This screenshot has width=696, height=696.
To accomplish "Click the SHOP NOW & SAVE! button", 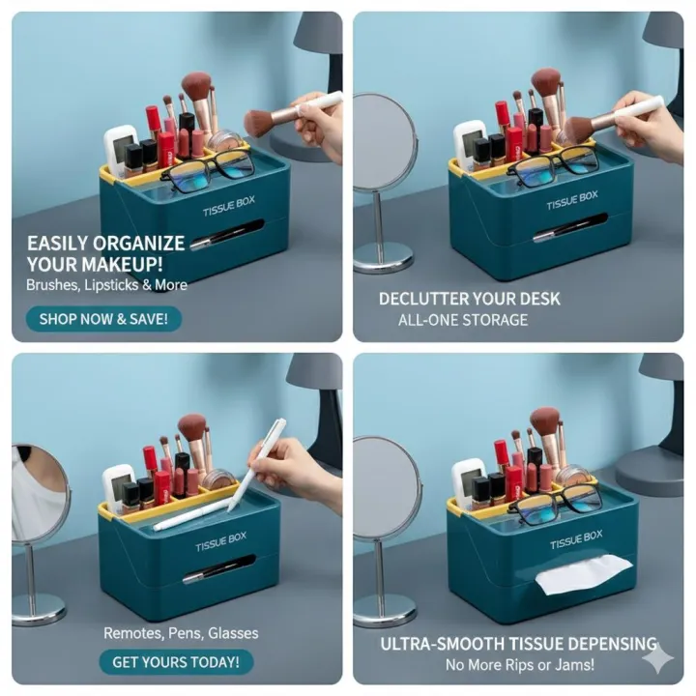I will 103,318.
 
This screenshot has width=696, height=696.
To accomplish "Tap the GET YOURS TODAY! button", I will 176,662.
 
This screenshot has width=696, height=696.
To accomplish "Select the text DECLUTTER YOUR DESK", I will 469,299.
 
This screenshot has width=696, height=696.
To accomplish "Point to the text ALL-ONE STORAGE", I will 463,320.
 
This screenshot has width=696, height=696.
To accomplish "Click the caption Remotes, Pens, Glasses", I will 181,633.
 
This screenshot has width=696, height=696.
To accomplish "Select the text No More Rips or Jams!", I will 519,664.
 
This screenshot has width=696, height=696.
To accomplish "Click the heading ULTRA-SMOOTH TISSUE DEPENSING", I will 518,644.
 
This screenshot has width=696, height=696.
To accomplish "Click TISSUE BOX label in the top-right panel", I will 571,200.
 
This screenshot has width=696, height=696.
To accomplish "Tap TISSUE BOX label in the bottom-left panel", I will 220,541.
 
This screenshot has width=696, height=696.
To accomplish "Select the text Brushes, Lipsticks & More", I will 106,285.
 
